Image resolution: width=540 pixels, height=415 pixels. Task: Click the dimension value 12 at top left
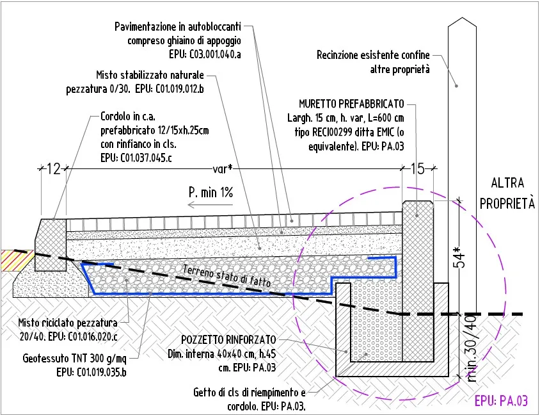(53, 169)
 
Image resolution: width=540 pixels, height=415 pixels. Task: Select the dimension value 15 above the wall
(418, 169)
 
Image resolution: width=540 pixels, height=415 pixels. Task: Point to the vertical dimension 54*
(461, 256)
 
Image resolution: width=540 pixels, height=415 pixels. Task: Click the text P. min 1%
(210, 192)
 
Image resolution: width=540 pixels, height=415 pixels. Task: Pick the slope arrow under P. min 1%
(210, 205)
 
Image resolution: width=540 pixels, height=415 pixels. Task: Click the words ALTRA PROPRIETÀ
(507, 193)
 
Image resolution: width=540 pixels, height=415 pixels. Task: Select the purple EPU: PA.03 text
(501, 401)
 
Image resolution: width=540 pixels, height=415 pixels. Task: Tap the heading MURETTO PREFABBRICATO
(352, 104)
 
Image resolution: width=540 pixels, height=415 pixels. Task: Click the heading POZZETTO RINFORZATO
(228, 340)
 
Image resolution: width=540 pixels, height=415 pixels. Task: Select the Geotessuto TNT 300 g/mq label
(75, 359)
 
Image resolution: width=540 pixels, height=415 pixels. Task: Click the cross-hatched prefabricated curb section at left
(51, 245)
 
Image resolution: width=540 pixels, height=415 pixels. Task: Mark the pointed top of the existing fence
(462, 17)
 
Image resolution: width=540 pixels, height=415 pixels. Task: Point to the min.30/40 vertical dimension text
(471, 348)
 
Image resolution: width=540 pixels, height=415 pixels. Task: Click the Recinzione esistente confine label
(373, 55)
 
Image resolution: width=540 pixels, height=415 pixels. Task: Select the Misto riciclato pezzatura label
(68, 323)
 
